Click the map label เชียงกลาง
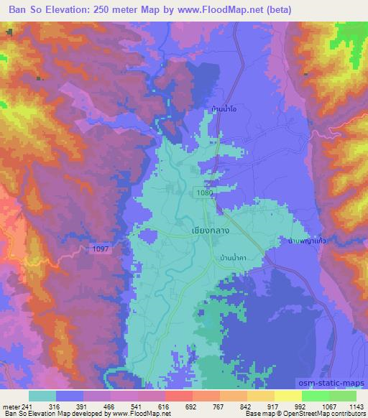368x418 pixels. point(190,232)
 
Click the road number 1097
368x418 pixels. point(100,248)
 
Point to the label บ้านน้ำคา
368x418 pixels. point(230,258)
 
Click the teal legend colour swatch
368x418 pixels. point(43,396)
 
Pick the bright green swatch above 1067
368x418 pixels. point(315,396)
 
